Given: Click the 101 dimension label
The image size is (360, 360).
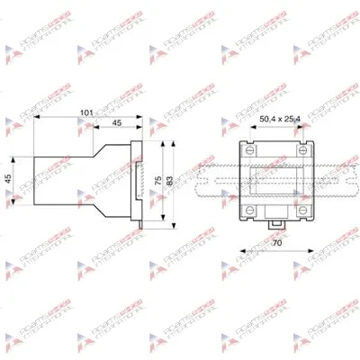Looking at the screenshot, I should [x=87, y=113].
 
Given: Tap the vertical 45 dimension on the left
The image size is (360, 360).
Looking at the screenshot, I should [x=11, y=178].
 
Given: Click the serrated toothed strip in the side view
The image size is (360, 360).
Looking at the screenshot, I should [x=139, y=178].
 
